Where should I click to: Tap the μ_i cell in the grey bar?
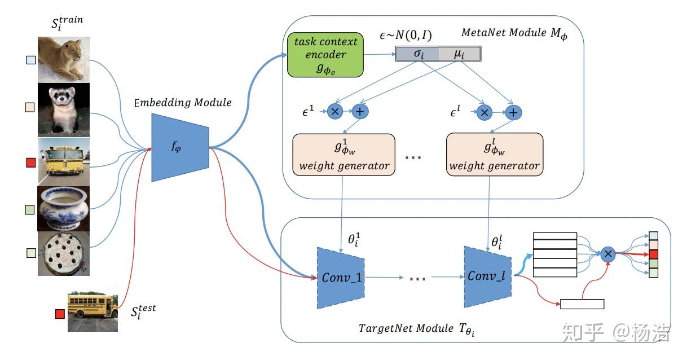coord(459,54)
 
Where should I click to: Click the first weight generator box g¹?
coord(344,155)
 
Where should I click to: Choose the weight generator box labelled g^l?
coord(494,155)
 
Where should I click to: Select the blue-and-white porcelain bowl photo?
coord(64,209)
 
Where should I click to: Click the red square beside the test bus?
coord(60,314)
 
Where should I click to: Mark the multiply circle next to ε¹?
coord(335,112)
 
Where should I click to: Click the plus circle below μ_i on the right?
coord(513,112)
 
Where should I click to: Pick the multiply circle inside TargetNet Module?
coord(608,254)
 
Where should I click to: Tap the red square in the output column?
coord(653,254)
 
